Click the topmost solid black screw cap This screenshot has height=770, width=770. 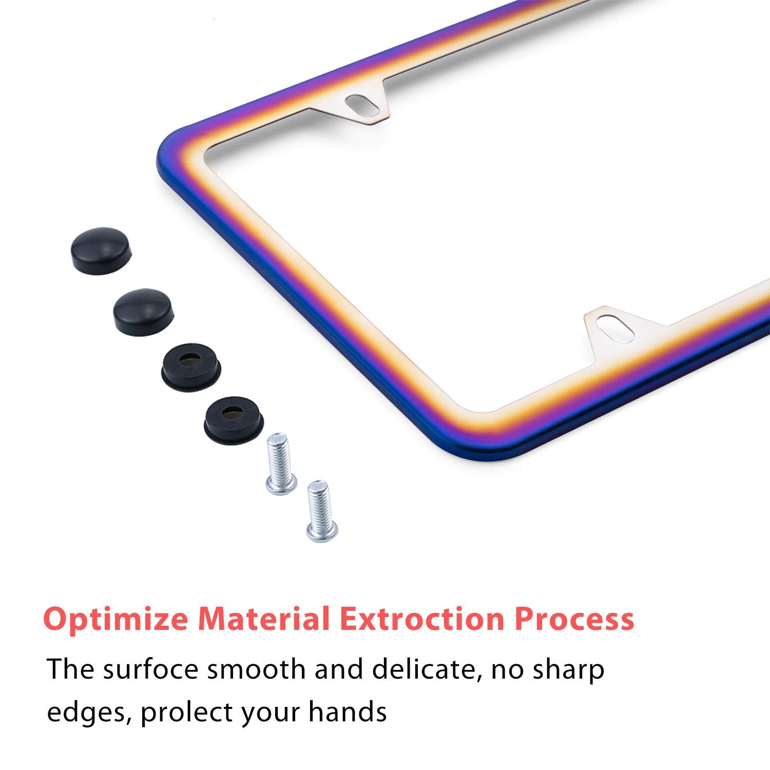(x=101, y=256)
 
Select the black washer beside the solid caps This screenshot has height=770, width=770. (x=191, y=361)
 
